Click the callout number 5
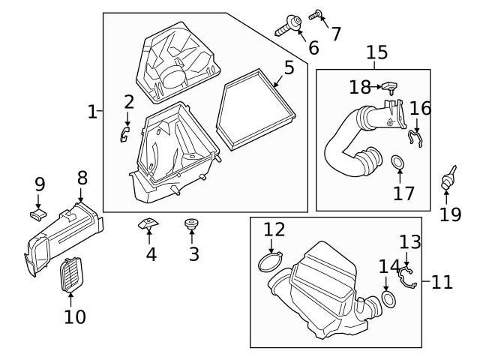pos(289,67)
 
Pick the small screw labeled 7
pos(316,13)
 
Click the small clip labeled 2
pos(125,134)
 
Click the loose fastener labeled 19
pos(449,178)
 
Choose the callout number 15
pos(376,52)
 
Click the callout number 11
pos(442,282)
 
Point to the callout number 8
pos(82,178)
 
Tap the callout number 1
pos(92,112)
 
